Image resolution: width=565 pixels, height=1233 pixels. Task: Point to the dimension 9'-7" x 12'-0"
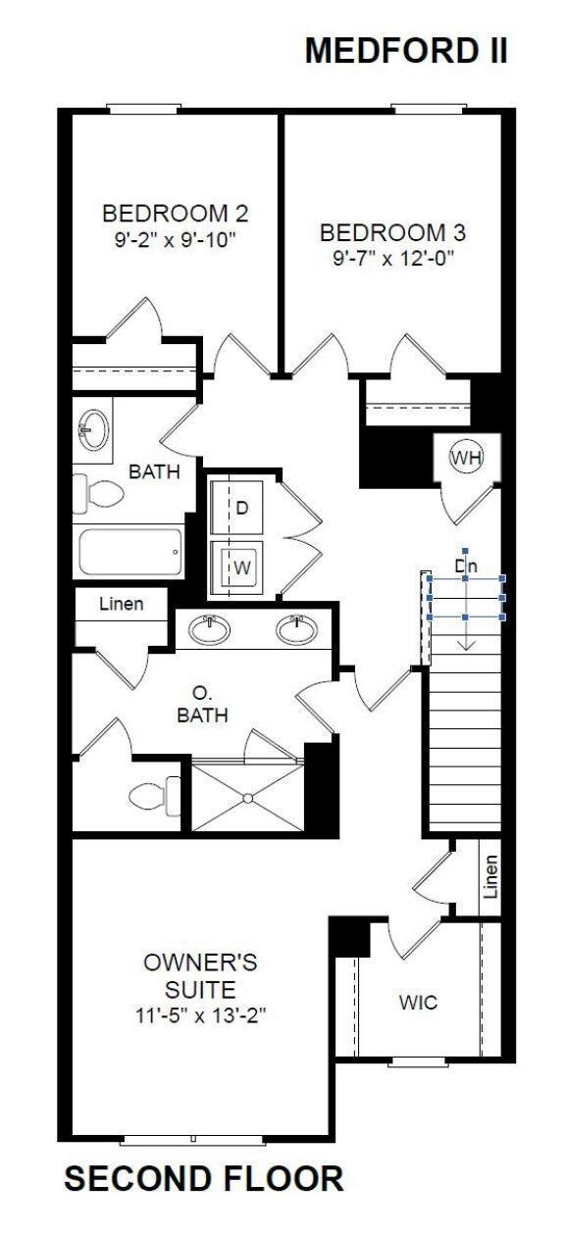point(391,258)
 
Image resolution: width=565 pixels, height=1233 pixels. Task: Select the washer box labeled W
point(242,567)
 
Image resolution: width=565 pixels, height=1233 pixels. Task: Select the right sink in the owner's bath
point(295,629)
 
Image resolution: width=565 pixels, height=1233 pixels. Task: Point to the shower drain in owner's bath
point(246,797)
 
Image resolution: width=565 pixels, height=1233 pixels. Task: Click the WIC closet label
point(418,1003)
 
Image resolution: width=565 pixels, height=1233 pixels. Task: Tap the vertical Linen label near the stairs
point(491,876)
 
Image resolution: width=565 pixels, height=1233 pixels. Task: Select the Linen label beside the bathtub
point(121,604)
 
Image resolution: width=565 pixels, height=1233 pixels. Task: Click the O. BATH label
point(203,704)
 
